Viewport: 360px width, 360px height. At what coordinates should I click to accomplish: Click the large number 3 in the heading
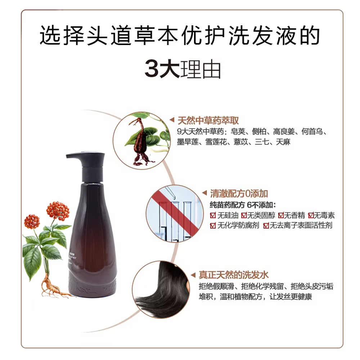(153, 69)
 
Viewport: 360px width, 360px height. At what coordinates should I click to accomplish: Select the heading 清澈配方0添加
(239, 194)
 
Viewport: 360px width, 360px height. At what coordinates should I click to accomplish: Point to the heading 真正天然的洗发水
(234, 276)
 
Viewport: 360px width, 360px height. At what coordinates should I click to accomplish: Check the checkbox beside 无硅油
(213, 216)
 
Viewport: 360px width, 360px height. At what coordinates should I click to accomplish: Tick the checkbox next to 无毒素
(310, 216)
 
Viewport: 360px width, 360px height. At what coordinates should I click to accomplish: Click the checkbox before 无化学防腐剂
(213, 226)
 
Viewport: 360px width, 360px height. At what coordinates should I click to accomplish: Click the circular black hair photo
(162, 290)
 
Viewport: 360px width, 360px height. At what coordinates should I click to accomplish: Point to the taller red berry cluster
(58, 211)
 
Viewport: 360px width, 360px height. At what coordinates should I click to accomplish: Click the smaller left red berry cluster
(32, 221)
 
